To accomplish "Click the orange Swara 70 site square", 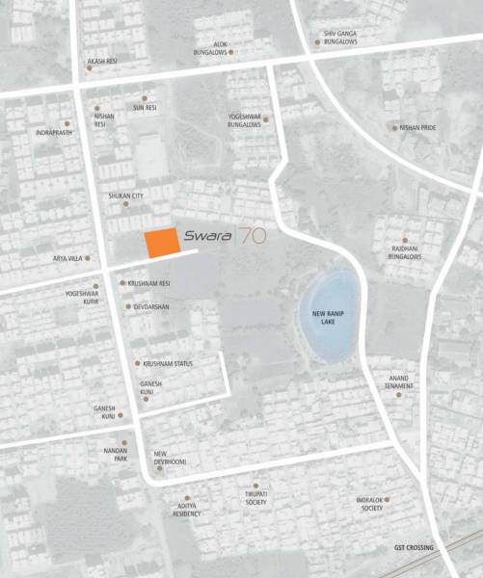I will [x=161, y=242].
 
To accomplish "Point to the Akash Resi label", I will [x=101, y=61].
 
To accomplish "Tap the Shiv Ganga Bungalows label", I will [x=338, y=37].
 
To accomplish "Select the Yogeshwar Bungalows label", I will [x=245, y=119].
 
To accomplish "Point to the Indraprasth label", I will [x=51, y=132].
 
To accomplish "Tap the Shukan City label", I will [x=125, y=197].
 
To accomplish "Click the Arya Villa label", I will [x=68, y=259].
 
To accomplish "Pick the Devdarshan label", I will [x=151, y=306].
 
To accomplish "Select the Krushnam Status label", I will [x=169, y=363].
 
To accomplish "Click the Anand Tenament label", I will [x=400, y=381].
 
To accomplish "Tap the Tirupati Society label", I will [x=255, y=498].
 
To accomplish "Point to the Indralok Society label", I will [x=369, y=503].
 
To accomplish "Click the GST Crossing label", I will [x=413, y=548].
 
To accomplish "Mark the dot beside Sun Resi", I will [x=145, y=97].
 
